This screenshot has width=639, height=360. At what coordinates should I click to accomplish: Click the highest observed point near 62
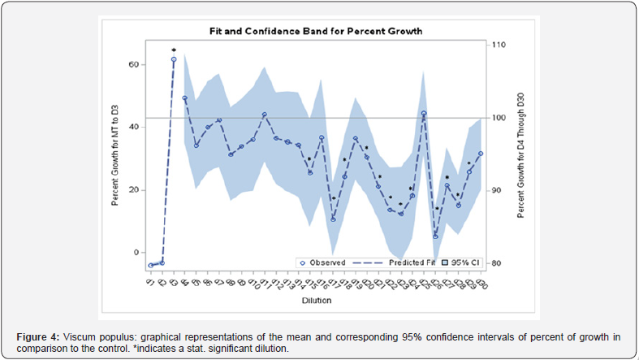click(174, 59)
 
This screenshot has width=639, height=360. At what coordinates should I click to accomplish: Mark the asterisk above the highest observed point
click(174, 51)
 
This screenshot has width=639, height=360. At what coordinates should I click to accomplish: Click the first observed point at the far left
click(151, 266)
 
